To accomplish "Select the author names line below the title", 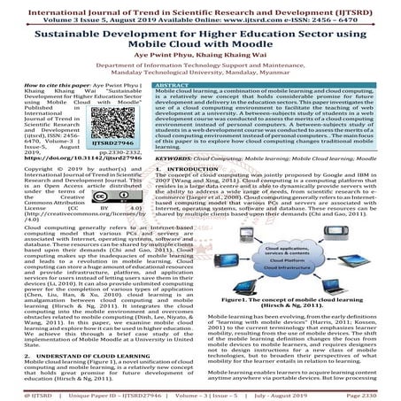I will (x=200, y=66).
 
